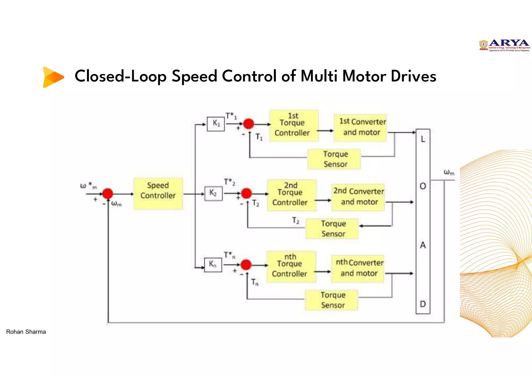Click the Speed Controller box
pyautogui.click(x=158, y=193)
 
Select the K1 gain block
pyautogui.click(x=216, y=124)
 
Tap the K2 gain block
pyautogui.click(x=213, y=193)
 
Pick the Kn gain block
pyautogui.click(x=213, y=265)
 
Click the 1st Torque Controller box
pyautogui.click(x=294, y=125)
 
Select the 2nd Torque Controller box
pyautogui.click(x=291, y=195)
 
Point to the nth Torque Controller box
pyautogui.click(x=291, y=266)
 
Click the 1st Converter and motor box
pyautogui.click(x=360, y=128)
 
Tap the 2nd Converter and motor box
pyautogui.click(x=358, y=197)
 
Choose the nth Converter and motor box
pyautogui.click(x=357, y=268)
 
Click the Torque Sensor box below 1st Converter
pyautogui.click(x=334, y=159)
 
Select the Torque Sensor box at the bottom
pyautogui.click(x=331, y=300)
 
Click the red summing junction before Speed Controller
pyautogui.click(x=108, y=193)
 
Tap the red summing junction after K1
pyautogui.click(x=249, y=124)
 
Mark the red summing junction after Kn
pyautogui.click(x=246, y=265)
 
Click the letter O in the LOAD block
pyautogui.click(x=423, y=186)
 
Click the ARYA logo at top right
pyautogui.click(x=504, y=46)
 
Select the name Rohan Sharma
pyautogui.click(x=26, y=332)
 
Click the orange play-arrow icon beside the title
pyautogui.click(x=53, y=77)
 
